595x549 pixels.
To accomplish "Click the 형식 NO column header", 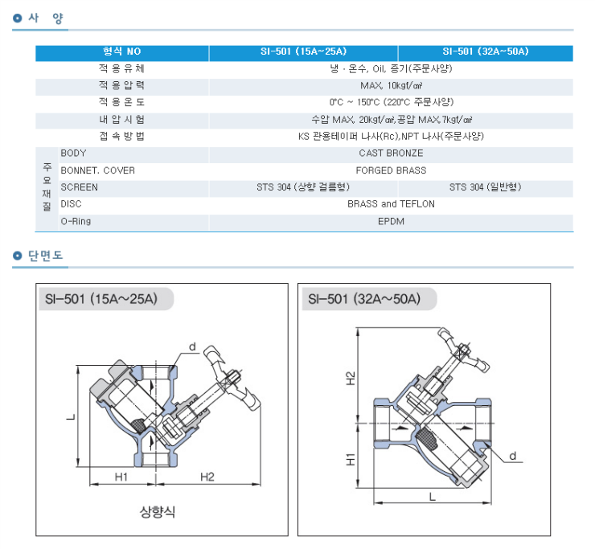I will point(121,52).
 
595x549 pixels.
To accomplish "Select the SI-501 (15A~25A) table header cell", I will point(303,52).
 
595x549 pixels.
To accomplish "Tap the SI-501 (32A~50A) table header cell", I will point(485,52).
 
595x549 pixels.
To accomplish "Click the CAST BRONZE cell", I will point(392,153).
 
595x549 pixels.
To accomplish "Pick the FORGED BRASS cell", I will point(392,170).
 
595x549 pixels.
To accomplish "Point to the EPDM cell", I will point(392,221).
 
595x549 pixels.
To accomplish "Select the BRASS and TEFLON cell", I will point(392,204).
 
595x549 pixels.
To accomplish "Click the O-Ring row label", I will point(75,221).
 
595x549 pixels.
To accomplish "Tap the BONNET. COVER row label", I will point(97,170).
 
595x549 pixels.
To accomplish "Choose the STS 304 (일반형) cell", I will point(485,187).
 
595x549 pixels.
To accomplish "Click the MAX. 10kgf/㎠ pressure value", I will point(392,85).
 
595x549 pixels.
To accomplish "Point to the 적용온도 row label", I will point(121,102).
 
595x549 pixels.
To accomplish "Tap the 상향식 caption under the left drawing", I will point(157,511).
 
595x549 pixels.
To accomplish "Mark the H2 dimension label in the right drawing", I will point(351,378).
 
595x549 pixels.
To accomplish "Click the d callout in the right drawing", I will point(512,456).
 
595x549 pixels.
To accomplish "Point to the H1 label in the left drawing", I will point(121,477).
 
